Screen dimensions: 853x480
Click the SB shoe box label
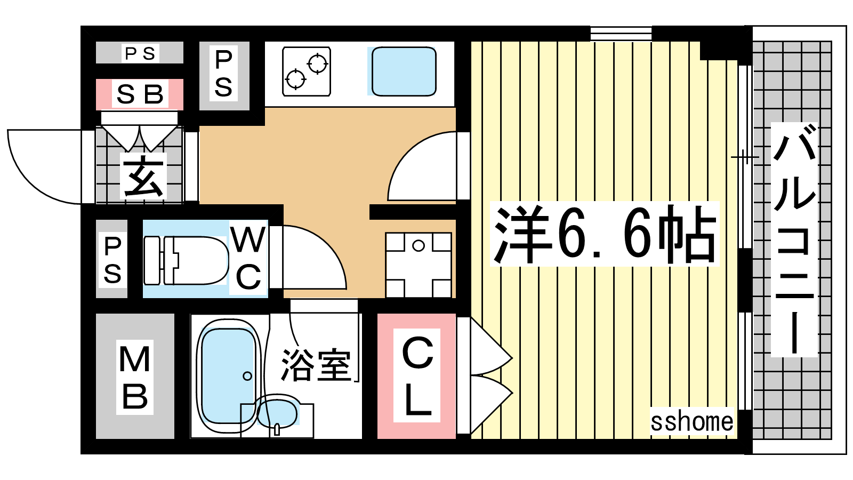coord(140,94)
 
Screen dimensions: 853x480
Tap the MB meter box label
coord(135,377)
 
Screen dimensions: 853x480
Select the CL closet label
coord(417,375)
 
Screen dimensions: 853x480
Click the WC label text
coord(248,258)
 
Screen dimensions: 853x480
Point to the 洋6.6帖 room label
coord(605,234)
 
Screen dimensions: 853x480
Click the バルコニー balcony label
coord(794,239)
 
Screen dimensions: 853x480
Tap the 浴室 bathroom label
coord(316,365)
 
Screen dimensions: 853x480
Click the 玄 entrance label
coord(143,177)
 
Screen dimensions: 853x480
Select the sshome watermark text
coord(691,422)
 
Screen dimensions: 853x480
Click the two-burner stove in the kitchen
coord(306,71)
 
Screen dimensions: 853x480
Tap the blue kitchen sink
coord(404,71)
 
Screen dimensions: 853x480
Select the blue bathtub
coord(228,375)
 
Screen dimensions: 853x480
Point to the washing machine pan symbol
coord(419,265)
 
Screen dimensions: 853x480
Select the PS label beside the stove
coord(223,74)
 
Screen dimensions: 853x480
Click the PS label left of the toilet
coord(112,260)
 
